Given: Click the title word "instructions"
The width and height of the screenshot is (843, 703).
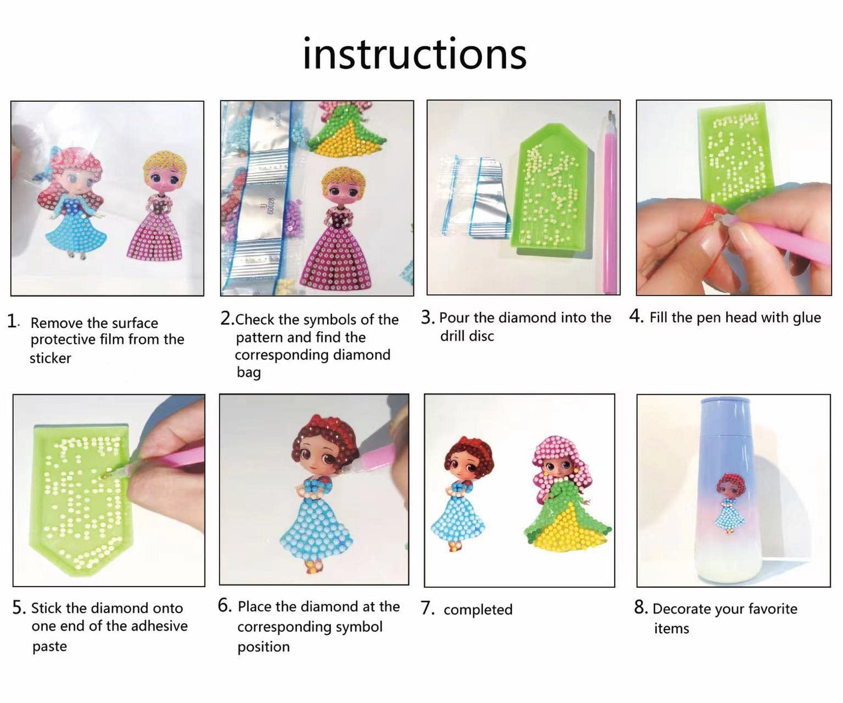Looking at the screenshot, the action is coord(415,54).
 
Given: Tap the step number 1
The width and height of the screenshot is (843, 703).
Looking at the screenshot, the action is coord(12,322).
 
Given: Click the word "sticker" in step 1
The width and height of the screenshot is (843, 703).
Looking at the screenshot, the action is coord(51,358).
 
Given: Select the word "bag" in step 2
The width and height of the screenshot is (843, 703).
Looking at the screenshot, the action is coord(249,372).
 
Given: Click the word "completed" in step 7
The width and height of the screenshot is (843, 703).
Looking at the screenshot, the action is coord(478,610).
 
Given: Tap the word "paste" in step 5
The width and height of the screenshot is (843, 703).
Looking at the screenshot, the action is coord(49,646).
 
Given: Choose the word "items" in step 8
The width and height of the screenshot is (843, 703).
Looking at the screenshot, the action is coord(672,629).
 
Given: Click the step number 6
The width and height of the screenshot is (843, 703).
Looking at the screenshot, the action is coord(224,606).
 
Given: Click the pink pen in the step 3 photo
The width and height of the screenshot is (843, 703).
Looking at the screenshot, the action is coord(610,202).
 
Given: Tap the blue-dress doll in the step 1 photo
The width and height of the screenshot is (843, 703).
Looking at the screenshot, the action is coord(72,202).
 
